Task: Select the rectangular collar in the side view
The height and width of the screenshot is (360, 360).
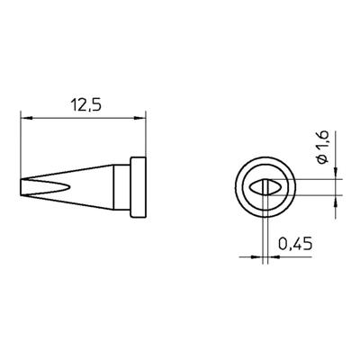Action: click(x=138, y=187)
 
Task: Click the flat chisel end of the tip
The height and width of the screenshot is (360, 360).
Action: click(x=21, y=187)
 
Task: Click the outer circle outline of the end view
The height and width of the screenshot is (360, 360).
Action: click(x=235, y=187)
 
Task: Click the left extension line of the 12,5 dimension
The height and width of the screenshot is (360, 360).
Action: click(x=20, y=144)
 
